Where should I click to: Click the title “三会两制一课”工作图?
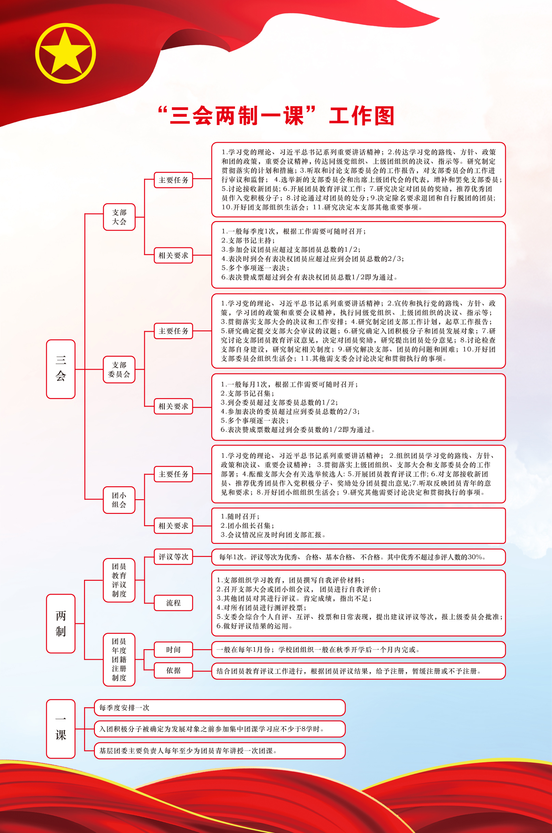point(276,116)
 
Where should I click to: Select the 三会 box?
point(60,369)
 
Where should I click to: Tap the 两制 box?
point(60,624)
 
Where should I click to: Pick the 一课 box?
point(60,728)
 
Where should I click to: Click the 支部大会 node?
point(119,217)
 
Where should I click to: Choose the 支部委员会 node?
point(119,369)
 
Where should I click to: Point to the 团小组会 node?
point(119,500)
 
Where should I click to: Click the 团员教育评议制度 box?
point(119,580)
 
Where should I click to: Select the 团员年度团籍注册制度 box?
point(119,659)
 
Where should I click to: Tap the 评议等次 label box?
point(173,557)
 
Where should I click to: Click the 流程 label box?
point(173,603)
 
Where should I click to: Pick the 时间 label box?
point(173,650)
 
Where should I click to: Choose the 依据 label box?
point(173,670)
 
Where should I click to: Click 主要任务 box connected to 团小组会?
point(173,474)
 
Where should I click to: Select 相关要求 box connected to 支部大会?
point(173,255)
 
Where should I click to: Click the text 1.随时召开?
point(240,517)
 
